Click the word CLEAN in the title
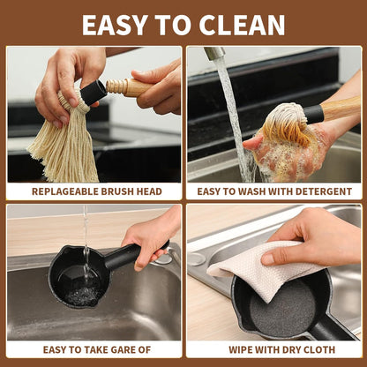[x=242, y=25]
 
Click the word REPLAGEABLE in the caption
[x=65, y=191]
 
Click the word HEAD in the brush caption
[x=149, y=191]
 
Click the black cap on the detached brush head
[x=94, y=93]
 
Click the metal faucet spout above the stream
[x=214, y=53]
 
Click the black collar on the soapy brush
[x=313, y=115]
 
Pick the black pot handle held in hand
[x=132, y=255]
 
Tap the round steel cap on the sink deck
[x=197, y=259]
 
